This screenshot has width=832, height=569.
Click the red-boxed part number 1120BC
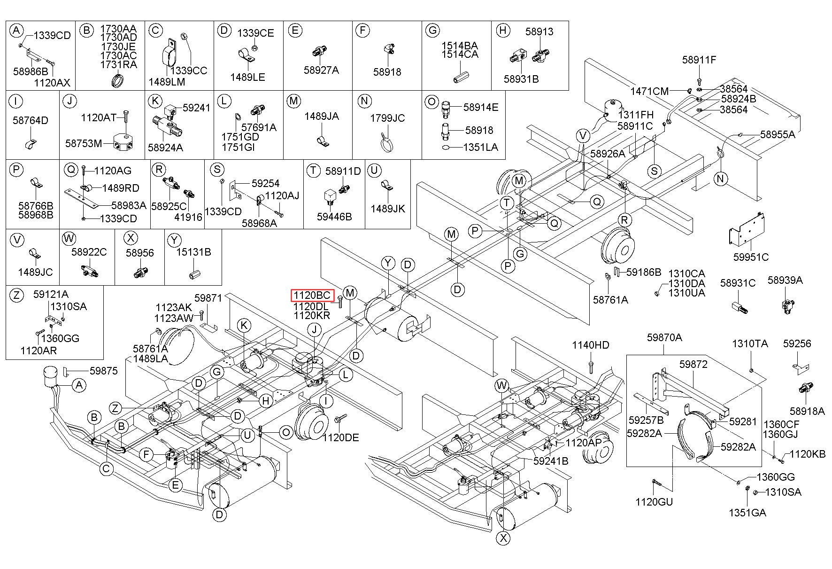point(312,296)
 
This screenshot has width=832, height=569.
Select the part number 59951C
point(751,257)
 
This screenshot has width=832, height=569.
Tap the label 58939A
point(785,281)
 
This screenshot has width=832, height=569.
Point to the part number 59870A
point(664,337)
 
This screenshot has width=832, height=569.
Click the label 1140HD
point(591,345)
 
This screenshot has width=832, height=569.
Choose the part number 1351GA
point(747,513)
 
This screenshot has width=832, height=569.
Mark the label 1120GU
point(654,502)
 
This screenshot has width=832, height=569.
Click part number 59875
point(104,371)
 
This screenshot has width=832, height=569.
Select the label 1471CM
point(649,91)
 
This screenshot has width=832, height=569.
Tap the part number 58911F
point(700,60)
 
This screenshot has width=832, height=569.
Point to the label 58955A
point(778,134)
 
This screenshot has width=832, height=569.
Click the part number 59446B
point(334,217)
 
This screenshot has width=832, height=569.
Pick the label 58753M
point(84,143)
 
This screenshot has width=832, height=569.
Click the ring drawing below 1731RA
point(118,80)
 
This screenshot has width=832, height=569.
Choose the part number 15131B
point(193,252)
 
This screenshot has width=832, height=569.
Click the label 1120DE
point(340,437)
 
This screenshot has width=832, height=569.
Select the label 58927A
point(321,70)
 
